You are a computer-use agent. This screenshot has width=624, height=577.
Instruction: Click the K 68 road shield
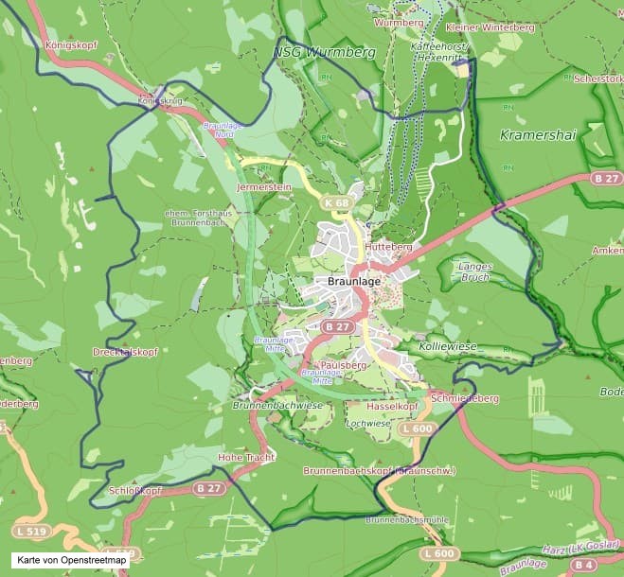click(336, 202)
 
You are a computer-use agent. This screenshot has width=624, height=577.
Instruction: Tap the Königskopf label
click(67, 44)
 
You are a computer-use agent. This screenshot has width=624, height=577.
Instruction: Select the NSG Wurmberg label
click(324, 51)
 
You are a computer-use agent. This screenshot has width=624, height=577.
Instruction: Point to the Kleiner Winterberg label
click(489, 27)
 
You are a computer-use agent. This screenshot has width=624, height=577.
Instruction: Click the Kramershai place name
click(537, 135)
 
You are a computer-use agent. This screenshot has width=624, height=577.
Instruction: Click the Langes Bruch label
click(474, 271)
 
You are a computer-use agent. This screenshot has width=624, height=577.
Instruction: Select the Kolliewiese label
click(448, 347)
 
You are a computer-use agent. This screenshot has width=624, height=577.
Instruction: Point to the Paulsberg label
click(344, 364)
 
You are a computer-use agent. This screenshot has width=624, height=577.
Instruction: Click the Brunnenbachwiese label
click(277, 405)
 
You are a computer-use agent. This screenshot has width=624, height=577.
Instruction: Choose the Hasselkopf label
click(392, 405)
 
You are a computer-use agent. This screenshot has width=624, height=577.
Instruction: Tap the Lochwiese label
click(368, 424)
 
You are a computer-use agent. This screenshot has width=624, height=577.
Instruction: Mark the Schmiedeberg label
click(464, 398)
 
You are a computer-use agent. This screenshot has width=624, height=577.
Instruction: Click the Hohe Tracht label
click(246, 457)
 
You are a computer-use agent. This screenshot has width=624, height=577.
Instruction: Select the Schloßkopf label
click(135, 491)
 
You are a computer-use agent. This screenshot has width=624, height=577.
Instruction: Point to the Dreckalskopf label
click(124, 351)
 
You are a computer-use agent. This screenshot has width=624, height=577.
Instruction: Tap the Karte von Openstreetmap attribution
click(65, 561)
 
